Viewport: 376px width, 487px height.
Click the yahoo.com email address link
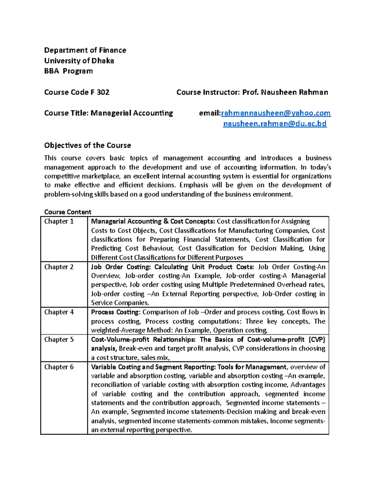click(276, 113)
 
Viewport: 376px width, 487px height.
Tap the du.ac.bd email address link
click(274, 124)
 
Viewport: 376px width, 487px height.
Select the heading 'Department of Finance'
click(85, 50)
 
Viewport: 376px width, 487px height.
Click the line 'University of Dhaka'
click(79, 61)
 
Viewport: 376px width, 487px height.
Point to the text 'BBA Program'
click(68, 71)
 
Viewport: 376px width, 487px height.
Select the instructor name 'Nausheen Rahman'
click(294, 92)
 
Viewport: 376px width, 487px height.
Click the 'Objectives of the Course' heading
click(87, 146)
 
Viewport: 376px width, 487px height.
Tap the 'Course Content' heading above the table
click(68, 212)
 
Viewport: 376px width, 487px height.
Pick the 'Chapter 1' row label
click(59, 221)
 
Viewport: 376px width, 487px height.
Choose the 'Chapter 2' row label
click(59, 267)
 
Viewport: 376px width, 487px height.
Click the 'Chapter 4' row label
click(59, 312)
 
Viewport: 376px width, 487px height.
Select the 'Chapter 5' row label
click(59, 340)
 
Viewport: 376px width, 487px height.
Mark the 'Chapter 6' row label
click(59, 367)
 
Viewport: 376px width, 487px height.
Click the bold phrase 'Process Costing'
click(115, 312)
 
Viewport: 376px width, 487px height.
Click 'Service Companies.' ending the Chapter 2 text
click(120, 303)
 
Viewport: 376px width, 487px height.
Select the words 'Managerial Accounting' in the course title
click(132, 113)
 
